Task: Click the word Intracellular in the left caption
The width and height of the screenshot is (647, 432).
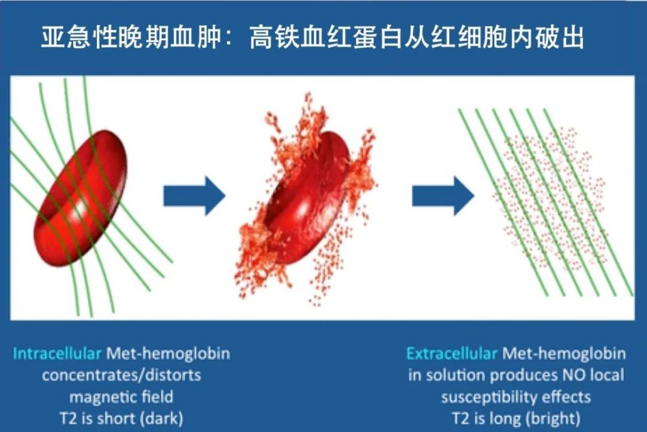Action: [57, 354]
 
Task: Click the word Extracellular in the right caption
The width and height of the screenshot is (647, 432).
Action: [452, 354]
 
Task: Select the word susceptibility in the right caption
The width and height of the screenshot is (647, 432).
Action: [494, 396]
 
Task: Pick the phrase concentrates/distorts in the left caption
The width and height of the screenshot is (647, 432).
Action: [122, 375]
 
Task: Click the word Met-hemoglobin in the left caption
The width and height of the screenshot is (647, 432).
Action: [168, 354]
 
